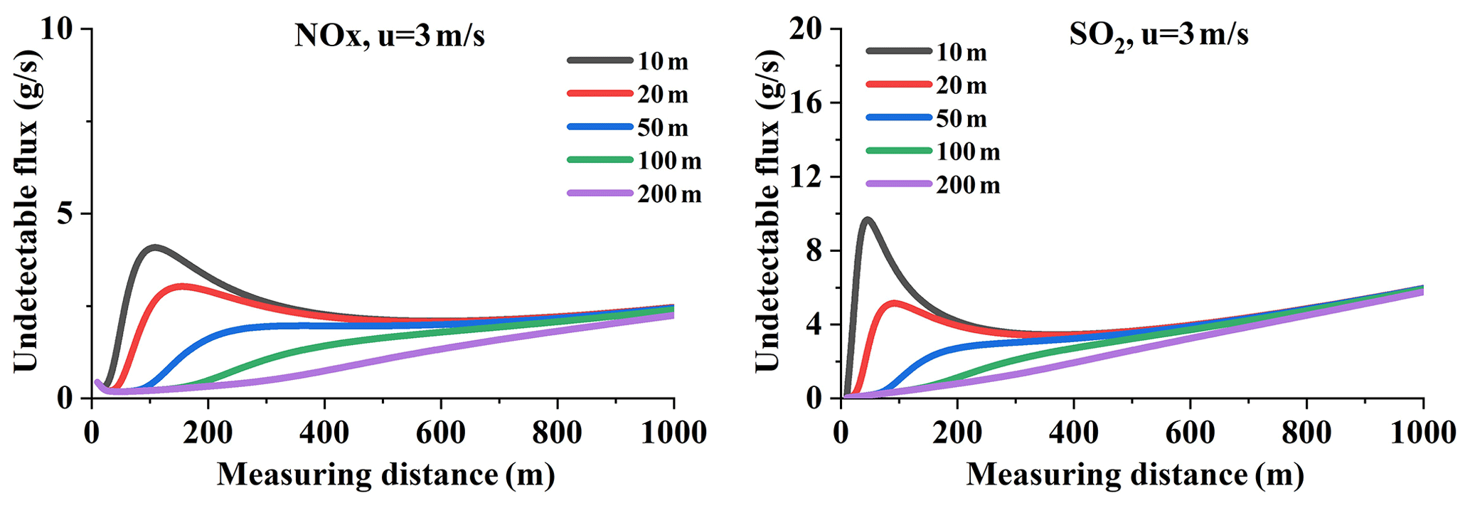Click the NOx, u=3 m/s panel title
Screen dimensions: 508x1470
[389, 36]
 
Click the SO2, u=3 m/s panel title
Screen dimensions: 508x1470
[1159, 36]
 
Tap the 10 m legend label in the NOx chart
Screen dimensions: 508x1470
[662, 62]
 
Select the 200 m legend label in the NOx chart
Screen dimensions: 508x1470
[669, 194]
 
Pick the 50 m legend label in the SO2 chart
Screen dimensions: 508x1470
[961, 119]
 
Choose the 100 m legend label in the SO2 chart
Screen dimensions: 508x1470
[968, 152]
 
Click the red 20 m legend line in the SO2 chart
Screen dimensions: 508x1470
[898, 85]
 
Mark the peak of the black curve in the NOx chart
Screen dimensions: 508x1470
[154, 248]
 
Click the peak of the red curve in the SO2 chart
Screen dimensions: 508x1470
[894, 303]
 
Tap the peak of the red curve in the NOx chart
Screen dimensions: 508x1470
[183, 287]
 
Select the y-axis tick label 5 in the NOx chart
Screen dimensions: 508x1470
[65, 213]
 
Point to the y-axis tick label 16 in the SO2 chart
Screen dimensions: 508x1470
[806, 102]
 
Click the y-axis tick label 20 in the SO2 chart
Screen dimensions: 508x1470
[806, 29]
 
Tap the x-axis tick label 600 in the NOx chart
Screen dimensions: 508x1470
[441, 433]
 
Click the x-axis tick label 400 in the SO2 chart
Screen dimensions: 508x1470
[1074, 433]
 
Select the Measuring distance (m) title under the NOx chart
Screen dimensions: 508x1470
[385, 475]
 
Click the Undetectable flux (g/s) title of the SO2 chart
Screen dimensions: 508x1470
[768, 211]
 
